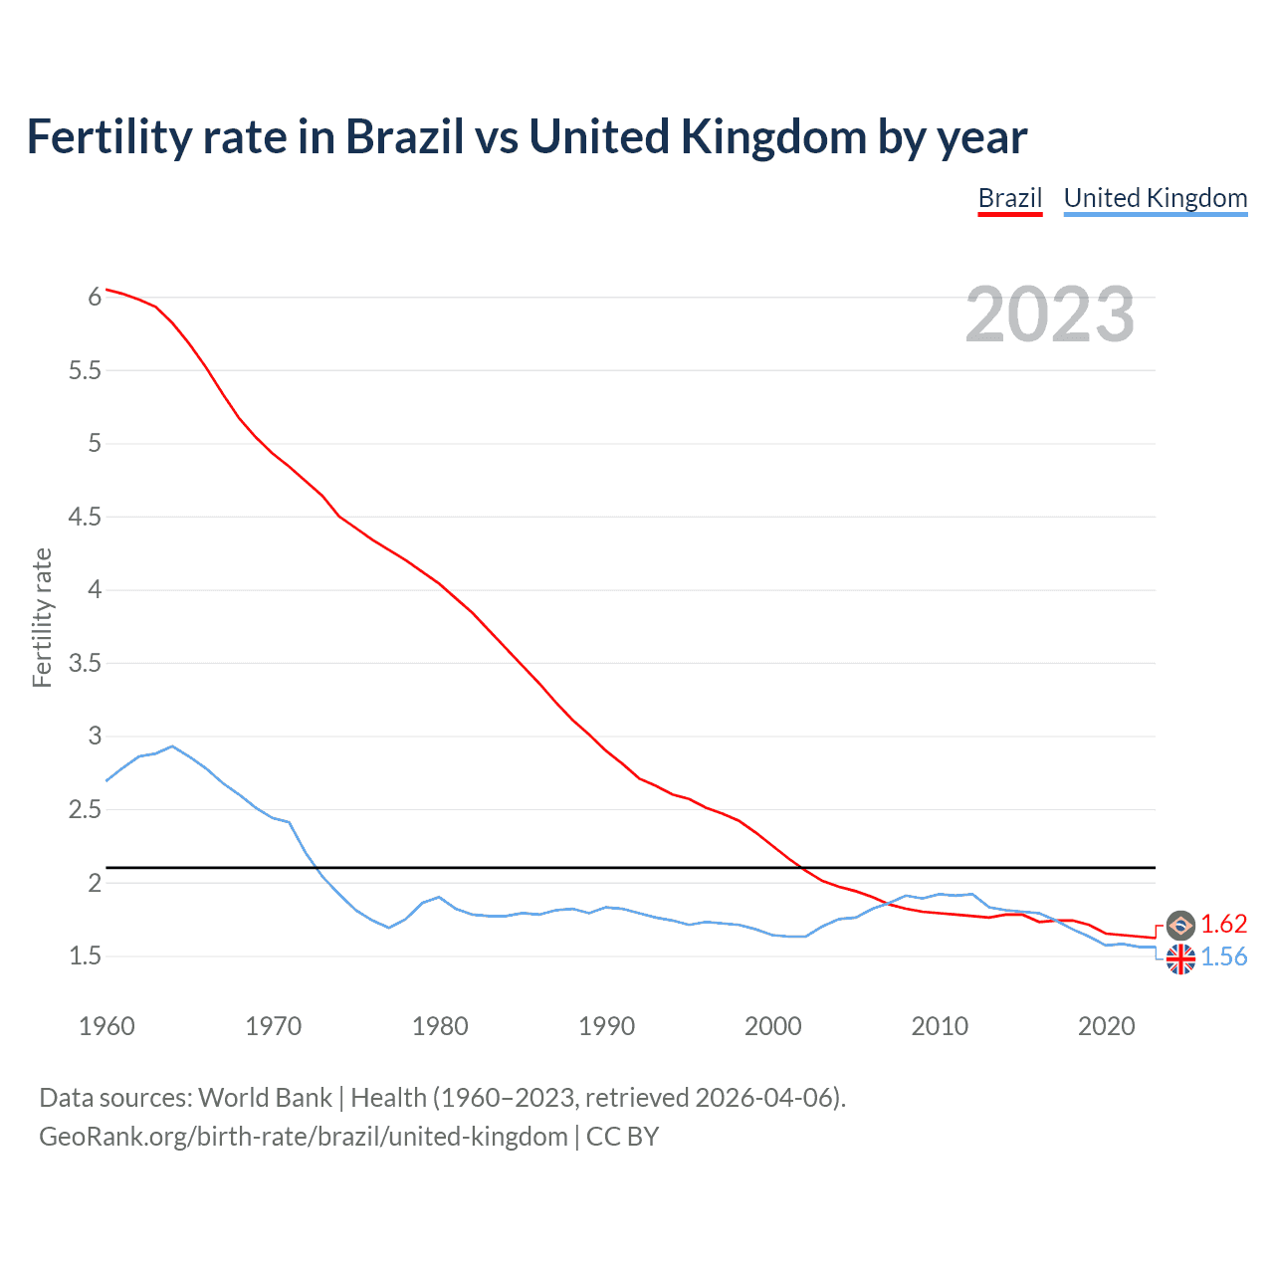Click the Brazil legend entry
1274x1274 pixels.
click(1009, 198)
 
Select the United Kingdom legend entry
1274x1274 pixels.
click(1155, 198)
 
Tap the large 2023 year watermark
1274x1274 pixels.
click(1049, 315)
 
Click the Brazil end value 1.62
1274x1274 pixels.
click(1223, 924)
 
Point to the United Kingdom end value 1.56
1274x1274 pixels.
click(1223, 957)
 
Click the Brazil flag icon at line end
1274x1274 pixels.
click(1180, 926)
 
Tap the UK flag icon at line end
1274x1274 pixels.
click(1180, 959)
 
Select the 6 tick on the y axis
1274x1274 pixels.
click(95, 297)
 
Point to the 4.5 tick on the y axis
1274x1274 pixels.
click(85, 517)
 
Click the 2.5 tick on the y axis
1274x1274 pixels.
click(85, 810)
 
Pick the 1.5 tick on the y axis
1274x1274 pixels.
click(85, 956)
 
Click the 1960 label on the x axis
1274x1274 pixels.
click(106, 1026)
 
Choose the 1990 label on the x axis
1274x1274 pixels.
click(606, 1026)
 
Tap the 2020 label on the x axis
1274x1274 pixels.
click(1106, 1026)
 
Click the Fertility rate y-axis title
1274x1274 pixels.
click(42, 617)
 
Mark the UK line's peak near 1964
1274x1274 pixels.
click(172, 745)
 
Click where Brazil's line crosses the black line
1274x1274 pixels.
click(799, 868)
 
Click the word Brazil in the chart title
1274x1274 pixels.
click(404, 137)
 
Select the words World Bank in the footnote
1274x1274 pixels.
click(265, 1098)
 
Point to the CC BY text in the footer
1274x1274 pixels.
click(622, 1137)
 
